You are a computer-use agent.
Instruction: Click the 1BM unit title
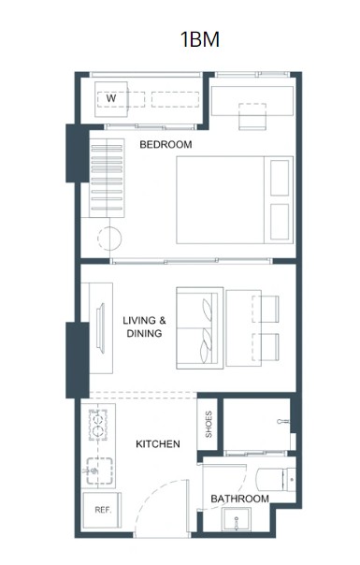[x=200, y=39]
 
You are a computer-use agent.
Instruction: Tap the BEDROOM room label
[x=166, y=144]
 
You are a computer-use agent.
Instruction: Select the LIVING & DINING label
[x=144, y=326]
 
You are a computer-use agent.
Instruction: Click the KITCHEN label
[x=158, y=444]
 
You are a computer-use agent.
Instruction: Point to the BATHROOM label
[x=240, y=499]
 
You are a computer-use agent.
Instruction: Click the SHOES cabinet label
[x=209, y=424]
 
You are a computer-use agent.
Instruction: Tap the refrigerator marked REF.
[x=102, y=510]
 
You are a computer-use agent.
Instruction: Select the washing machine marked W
[x=111, y=99]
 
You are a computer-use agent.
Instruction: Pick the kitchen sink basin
[x=99, y=471]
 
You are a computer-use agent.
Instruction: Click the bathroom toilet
[x=276, y=479]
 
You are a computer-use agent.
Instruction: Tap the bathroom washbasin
[x=237, y=519]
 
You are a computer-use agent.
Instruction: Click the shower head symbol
[x=283, y=421]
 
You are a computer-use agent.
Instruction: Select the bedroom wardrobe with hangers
[x=107, y=178]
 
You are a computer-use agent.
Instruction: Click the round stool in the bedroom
[x=109, y=239]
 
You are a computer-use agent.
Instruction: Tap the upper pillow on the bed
[x=280, y=178]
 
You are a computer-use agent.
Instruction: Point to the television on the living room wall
[x=101, y=328]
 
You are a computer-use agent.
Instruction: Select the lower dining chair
[x=266, y=347]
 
